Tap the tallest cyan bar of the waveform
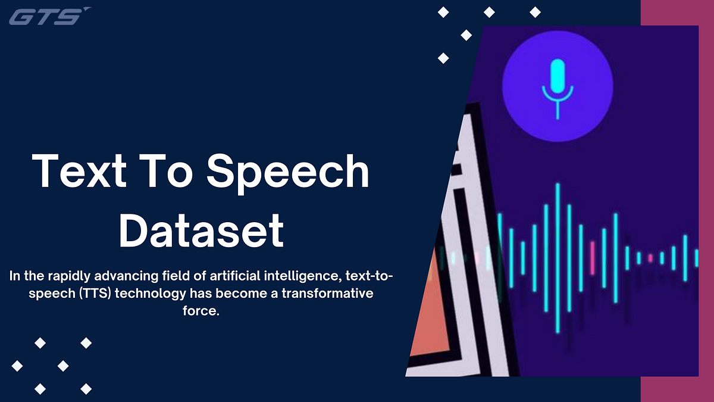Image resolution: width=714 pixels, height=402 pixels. pyautogui.click(x=558, y=257)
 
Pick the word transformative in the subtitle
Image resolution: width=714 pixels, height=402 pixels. pyautogui.click(x=336, y=294)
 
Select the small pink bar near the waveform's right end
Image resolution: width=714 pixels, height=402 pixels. pyautogui.click(x=650, y=258)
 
